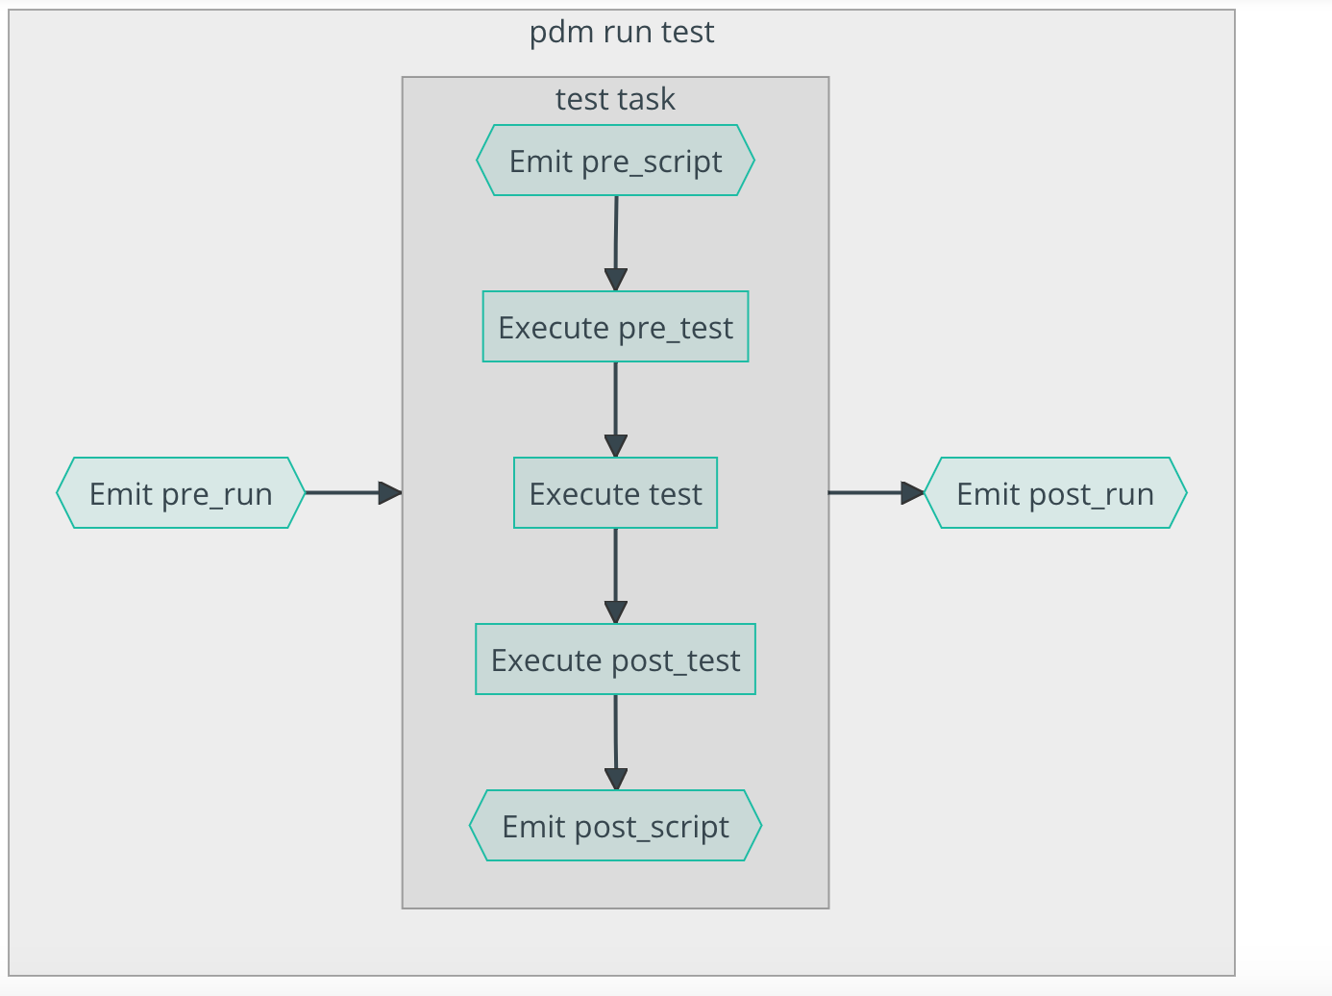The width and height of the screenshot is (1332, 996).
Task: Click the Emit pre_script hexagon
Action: pos(615,161)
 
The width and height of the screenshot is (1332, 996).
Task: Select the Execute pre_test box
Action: pos(615,327)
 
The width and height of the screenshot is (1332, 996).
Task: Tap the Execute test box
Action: pos(615,493)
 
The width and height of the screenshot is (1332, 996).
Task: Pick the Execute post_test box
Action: pos(615,660)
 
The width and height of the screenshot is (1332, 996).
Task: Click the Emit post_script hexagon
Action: pos(615,826)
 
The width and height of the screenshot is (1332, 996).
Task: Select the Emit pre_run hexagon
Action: pos(181,493)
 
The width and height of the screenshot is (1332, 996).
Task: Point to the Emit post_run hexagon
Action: pos(1055,493)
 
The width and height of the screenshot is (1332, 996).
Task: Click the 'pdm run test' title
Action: pos(622,32)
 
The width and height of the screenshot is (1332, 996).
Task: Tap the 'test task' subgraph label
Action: pos(615,99)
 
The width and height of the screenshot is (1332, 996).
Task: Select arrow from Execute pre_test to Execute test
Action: pos(616,409)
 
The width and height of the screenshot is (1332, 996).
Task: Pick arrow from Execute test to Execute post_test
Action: pos(616,575)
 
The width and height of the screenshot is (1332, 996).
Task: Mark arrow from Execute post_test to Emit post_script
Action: pos(616,741)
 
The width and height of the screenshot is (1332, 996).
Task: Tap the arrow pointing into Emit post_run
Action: pos(875,493)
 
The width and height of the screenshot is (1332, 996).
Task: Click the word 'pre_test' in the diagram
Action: pos(676,328)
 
